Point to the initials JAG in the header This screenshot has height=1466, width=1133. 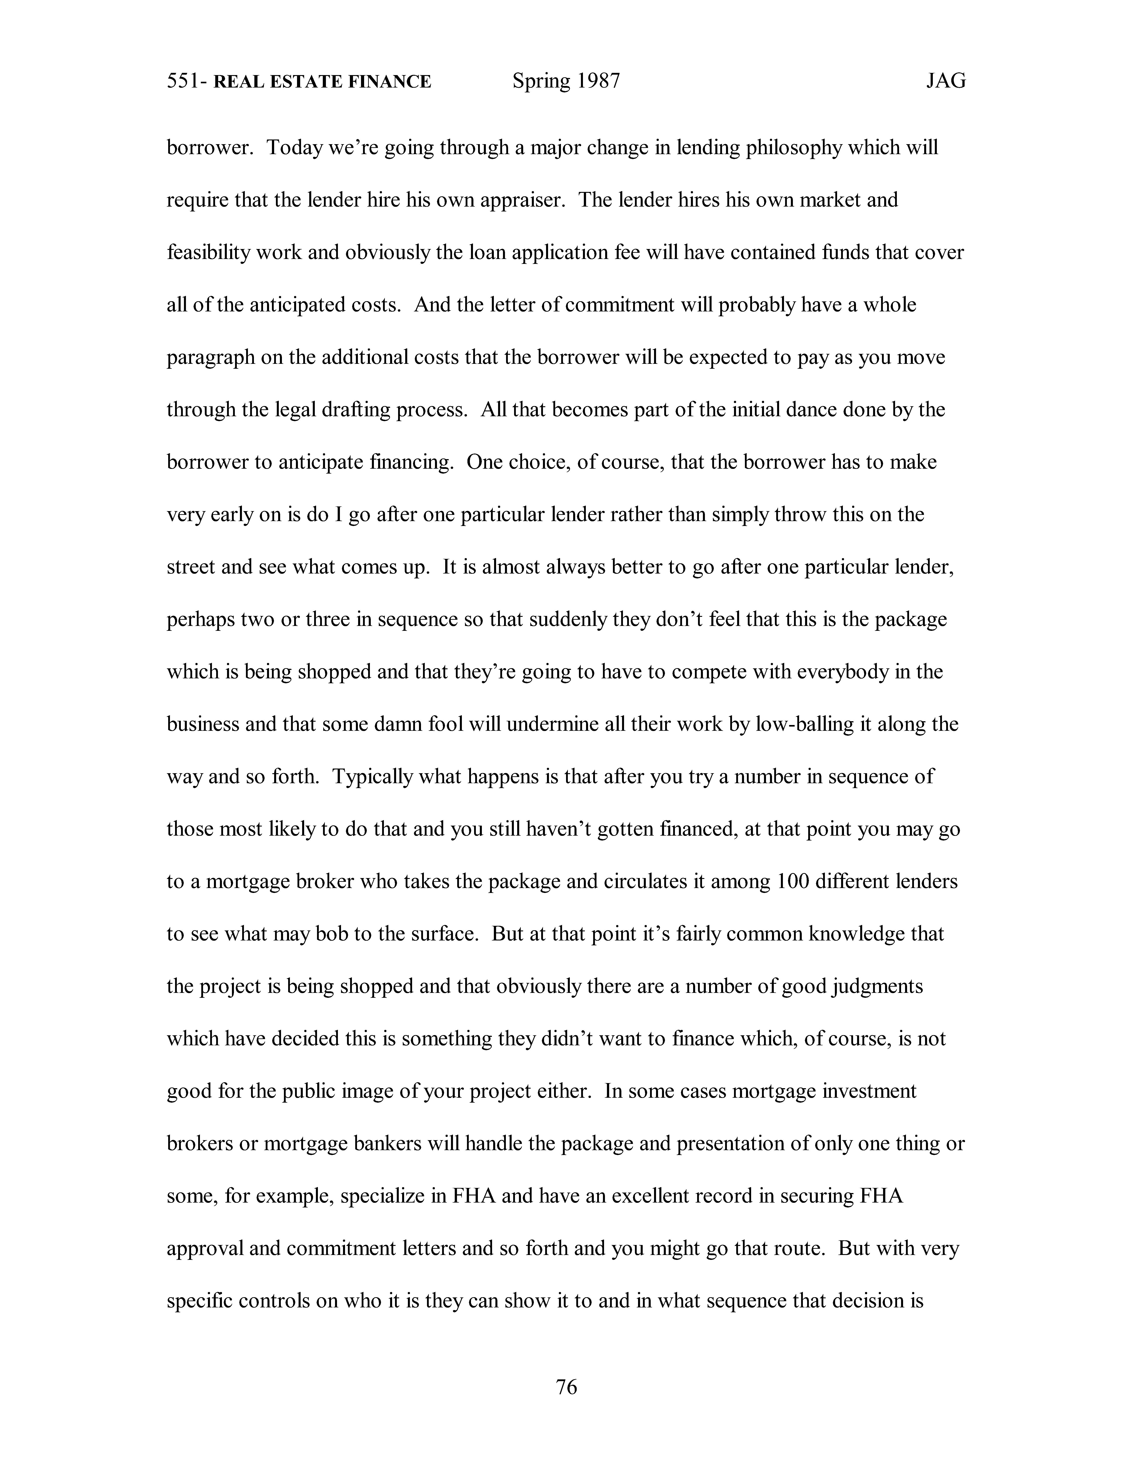(x=946, y=81)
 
